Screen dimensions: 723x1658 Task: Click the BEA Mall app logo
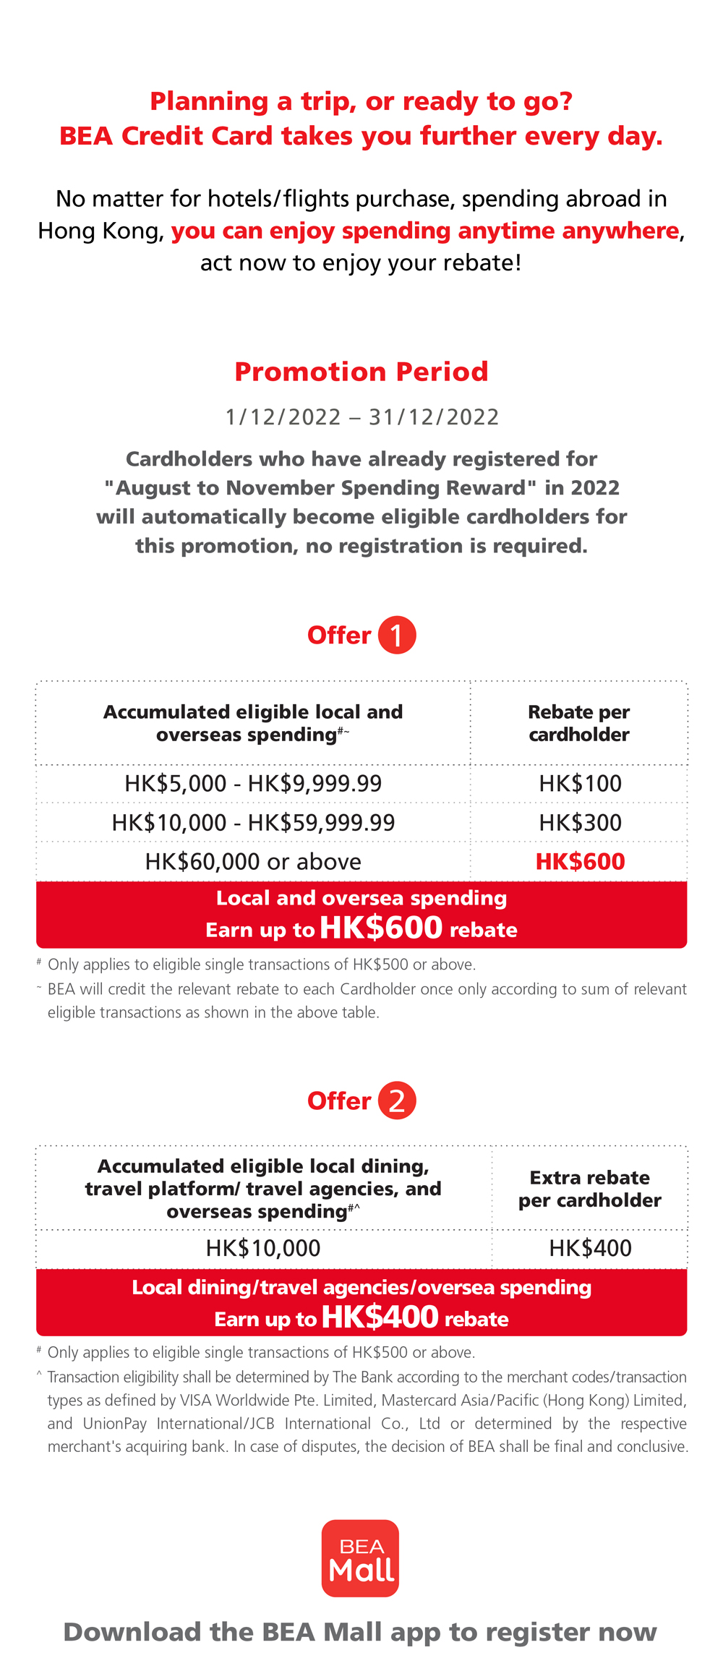[x=360, y=1557]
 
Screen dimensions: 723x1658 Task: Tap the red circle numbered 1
[x=397, y=635]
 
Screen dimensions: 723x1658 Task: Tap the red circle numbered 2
[x=397, y=1101]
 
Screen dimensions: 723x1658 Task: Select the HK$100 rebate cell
[x=580, y=783]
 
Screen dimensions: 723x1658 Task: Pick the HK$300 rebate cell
[x=580, y=822]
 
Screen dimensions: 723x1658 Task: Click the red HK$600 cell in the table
[x=580, y=861]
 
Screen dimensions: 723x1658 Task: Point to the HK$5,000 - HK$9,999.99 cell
[x=253, y=783]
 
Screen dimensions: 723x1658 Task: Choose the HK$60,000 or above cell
[x=253, y=861]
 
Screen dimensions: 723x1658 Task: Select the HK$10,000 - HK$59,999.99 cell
[x=253, y=822]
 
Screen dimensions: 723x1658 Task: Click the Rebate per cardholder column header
[x=578, y=723]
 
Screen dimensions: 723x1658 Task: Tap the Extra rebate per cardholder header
[x=589, y=1189]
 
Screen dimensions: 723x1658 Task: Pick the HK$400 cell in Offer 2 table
[x=590, y=1248]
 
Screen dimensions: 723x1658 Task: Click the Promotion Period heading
[x=361, y=372]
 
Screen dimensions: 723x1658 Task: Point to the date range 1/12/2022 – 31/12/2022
[x=361, y=417]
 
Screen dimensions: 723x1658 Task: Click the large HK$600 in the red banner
[x=381, y=928]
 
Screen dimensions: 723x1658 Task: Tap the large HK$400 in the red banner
[x=380, y=1317]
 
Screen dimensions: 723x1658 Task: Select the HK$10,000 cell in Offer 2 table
[x=263, y=1248]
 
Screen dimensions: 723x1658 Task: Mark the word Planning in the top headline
[x=209, y=101]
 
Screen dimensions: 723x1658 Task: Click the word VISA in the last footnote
[x=196, y=1400]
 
